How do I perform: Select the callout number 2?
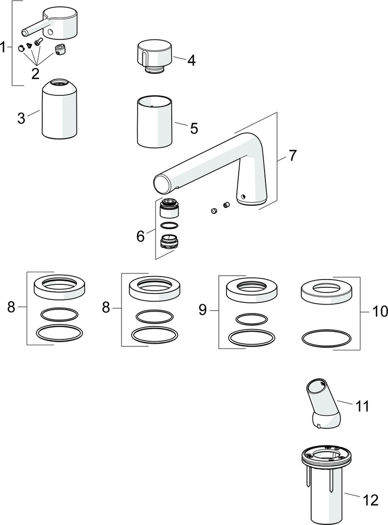[x=35, y=73]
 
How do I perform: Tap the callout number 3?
[x=21, y=118]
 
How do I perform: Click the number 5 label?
[x=194, y=128]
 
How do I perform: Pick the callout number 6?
[x=141, y=236]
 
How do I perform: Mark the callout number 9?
[x=203, y=310]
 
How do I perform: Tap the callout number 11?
[x=362, y=405]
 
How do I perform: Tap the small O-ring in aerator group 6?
[x=168, y=225]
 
